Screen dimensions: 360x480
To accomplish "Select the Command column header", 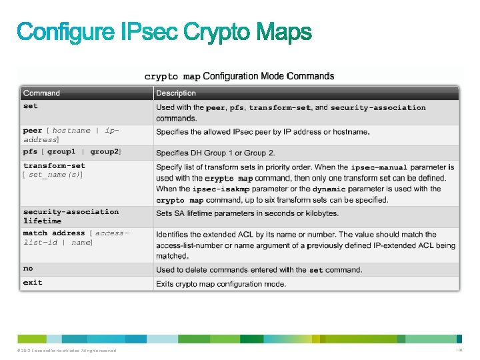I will (41, 93).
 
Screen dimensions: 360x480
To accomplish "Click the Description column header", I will (176, 93).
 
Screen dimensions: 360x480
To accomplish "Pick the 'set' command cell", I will (31, 106).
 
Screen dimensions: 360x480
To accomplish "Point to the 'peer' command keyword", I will (33, 131).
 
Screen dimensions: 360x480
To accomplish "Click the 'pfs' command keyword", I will (31, 152).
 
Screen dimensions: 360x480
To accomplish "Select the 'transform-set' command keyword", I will (54, 166).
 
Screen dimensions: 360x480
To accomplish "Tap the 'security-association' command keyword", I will (71, 212).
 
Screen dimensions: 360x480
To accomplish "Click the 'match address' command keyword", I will (54, 233).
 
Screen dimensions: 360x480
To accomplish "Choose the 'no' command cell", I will (28, 269).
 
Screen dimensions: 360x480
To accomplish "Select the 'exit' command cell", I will (32, 283).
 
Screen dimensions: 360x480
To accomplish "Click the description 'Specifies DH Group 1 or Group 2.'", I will (215, 153).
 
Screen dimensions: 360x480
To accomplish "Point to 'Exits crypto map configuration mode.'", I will (221, 284).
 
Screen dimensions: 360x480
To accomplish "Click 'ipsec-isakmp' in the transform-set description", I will (221, 189).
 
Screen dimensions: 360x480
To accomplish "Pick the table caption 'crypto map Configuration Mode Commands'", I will (239, 76).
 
